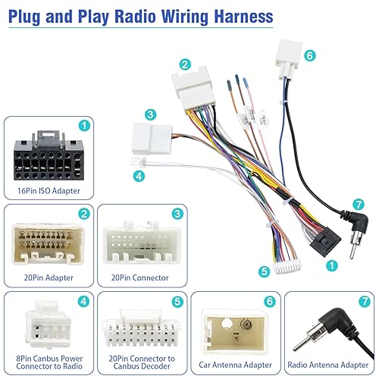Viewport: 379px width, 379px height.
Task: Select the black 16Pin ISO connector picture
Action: pyautogui.click(x=47, y=157)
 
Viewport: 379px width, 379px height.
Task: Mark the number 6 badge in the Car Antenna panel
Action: pyautogui.click(x=270, y=300)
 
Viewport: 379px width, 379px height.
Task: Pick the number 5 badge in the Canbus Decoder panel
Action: pyautogui.click(x=177, y=300)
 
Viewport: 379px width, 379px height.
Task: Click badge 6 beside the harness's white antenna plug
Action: pyautogui.click(x=309, y=55)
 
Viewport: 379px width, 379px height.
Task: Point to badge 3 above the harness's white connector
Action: pyautogui.click(x=151, y=114)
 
